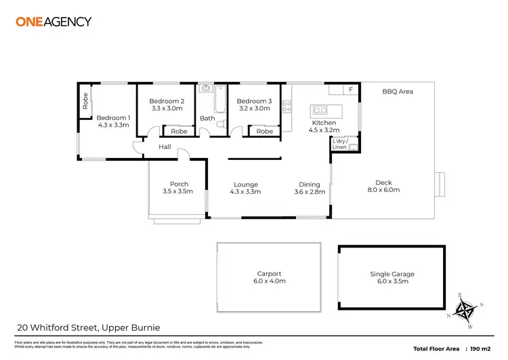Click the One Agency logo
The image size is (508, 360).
click(x=53, y=21)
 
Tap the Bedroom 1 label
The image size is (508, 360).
click(x=113, y=117)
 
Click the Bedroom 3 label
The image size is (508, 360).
click(x=254, y=101)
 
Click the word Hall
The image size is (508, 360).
click(x=165, y=146)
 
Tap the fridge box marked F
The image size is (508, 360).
click(x=350, y=89)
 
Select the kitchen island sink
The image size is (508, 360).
click(x=320, y=110)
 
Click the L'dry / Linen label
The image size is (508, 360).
click(x=339, y=144)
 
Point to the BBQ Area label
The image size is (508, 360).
click(x=397, y=91)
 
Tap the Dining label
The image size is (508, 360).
click(x=310, y=184)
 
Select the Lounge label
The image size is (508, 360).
click(x=245, y=184)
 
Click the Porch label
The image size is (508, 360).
click(x=179, y=184)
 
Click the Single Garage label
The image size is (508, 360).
click(x=392, y=274)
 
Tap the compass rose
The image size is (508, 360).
click(x=465, y=309)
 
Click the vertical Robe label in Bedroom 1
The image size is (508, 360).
click(x=85, y=101)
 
